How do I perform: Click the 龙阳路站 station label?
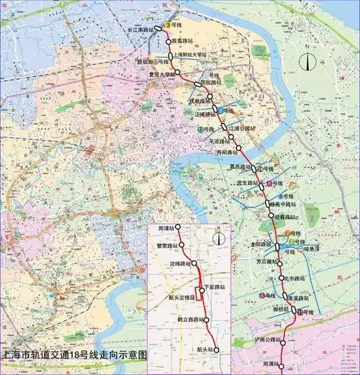coord(259,244)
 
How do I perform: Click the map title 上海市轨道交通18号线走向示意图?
coord(75,355)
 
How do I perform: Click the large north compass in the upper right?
coord(309,60)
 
